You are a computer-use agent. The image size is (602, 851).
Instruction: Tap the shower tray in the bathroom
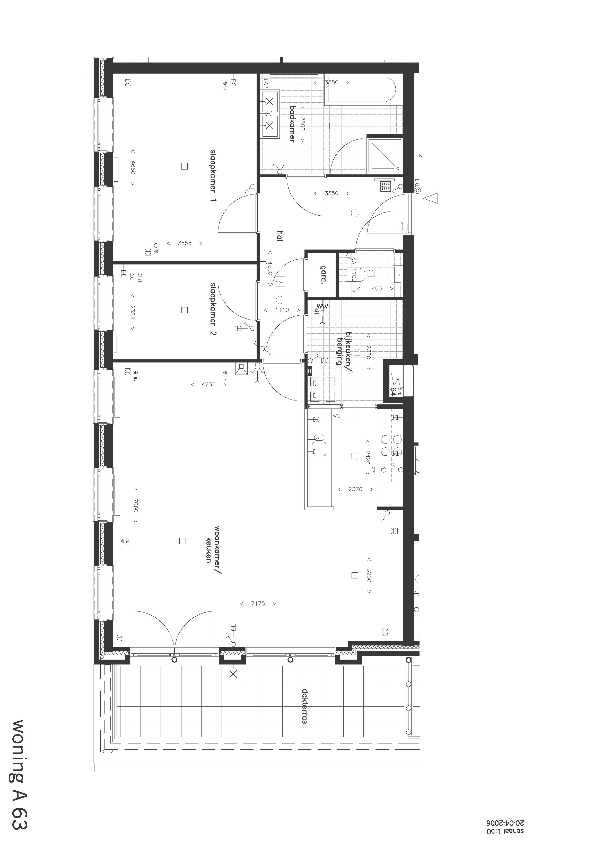pos(384,155)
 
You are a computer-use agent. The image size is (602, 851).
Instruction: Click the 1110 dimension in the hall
pos(282,310)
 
